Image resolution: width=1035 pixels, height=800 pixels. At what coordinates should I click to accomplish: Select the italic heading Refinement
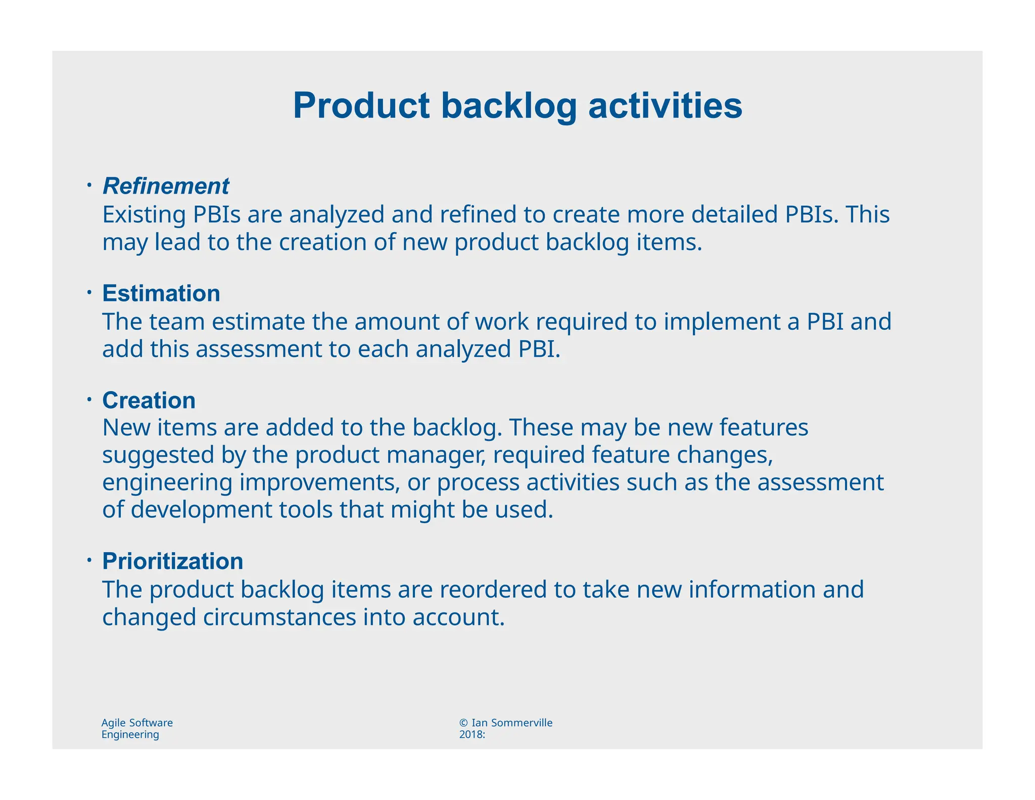[x=166, y=186]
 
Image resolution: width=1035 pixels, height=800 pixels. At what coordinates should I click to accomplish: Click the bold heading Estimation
[x=161, y=293]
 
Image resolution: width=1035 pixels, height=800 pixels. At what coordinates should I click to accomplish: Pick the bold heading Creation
[x=149, y=401]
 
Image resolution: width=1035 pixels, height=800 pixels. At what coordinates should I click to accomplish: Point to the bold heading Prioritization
[x=172, y=561]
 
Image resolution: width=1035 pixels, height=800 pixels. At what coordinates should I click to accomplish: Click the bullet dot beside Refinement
[x=88, y=185]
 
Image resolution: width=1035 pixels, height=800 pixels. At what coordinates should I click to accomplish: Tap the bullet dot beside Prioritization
[x=88, y=560]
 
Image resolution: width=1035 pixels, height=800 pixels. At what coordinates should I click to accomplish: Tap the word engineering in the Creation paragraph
[x=167, y=483]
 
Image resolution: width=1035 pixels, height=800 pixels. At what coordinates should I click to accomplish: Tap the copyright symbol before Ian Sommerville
[x=463, y=723]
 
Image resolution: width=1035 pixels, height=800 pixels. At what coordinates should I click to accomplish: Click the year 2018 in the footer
[x=470, y=735]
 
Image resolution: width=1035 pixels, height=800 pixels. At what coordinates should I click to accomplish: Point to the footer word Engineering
[x=130, y=735]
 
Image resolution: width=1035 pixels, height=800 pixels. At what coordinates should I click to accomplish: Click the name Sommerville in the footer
[x=522, y=723]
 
